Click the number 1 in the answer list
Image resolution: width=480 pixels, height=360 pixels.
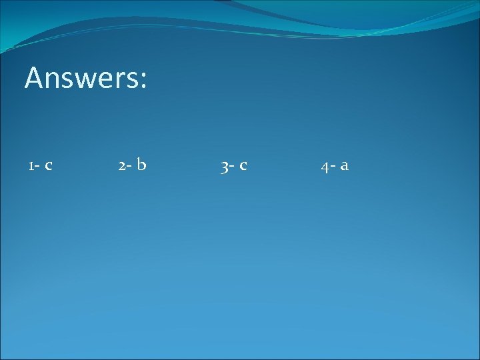31,165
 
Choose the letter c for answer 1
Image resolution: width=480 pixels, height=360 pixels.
48,166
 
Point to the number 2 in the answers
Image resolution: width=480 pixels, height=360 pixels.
121,165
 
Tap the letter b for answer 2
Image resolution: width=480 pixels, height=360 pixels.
141,164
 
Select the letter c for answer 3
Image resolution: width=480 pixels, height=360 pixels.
243,166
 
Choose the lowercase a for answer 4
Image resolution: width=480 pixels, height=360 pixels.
344,166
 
